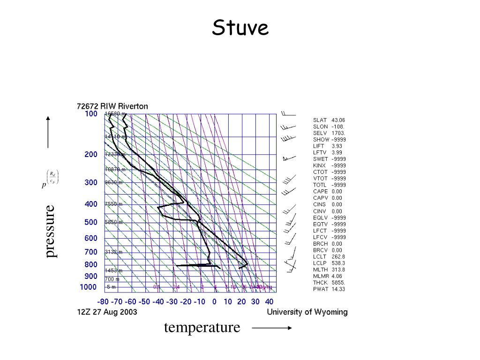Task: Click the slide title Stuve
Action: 240,28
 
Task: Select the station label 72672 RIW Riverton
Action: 112,106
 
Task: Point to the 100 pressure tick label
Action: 91,114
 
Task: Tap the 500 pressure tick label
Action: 91,222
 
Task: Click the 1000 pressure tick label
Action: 88,287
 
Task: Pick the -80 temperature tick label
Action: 104,302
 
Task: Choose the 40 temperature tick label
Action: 269,302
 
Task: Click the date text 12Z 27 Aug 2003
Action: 107,312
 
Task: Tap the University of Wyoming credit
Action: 307,312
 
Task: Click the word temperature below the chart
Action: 202,327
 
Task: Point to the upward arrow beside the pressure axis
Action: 48,131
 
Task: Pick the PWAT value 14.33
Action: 338,289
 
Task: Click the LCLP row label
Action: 320,263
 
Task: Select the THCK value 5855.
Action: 338,283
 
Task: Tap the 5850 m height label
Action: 113,222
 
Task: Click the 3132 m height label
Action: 113,252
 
